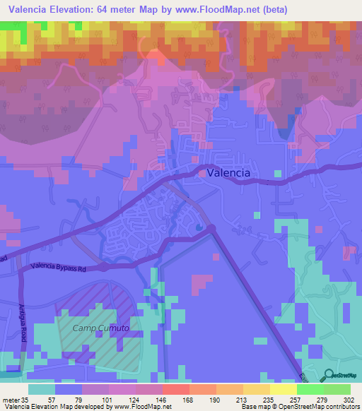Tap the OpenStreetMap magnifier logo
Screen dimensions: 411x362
pos(328,375)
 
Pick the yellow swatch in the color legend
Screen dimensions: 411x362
pos(284,389)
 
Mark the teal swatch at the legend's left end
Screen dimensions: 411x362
pos(42,389)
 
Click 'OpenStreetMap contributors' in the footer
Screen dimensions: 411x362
pos(322,407)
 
